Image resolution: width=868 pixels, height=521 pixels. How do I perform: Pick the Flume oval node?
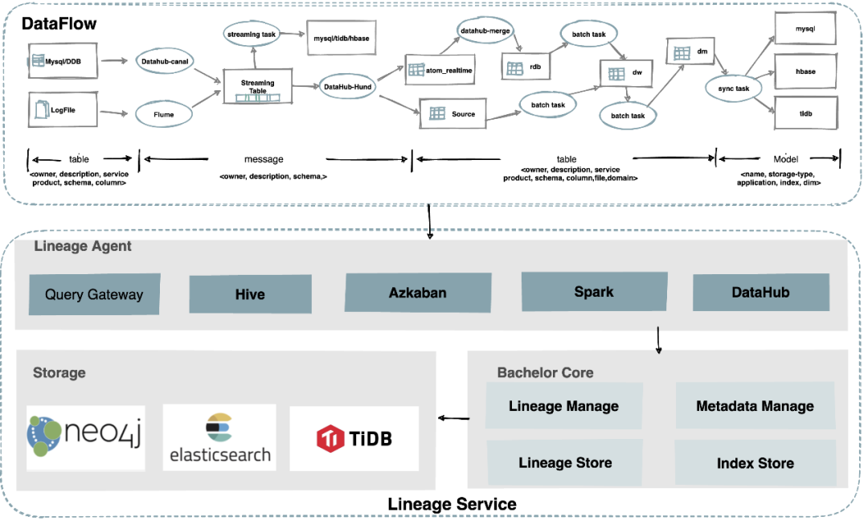click(162, 114)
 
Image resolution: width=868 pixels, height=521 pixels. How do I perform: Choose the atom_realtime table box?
click(440, 71)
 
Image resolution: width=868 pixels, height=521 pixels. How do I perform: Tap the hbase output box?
click(805, 72)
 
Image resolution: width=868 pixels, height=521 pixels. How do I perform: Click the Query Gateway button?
click(94, 294)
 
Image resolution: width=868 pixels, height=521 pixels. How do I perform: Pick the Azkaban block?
click(418, 293)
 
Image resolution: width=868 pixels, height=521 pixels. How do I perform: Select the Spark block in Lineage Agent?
click(593, 291)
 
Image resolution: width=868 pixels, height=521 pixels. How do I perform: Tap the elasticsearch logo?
click(219, 438)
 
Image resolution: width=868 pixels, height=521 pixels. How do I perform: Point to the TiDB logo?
click(354, 438)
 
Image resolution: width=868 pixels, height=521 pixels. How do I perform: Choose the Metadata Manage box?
click(755, 406)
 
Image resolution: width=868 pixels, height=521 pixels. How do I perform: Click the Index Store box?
click(755, 463)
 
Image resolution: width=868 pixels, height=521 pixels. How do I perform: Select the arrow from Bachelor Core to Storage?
click(454, 418)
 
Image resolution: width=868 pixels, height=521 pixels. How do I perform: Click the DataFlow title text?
click(59, 23)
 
